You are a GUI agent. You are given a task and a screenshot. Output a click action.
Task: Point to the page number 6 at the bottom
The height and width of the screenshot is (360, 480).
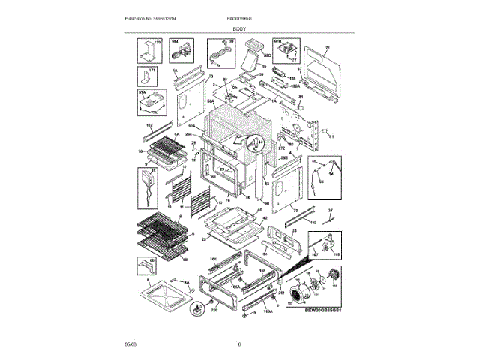coord(239,343)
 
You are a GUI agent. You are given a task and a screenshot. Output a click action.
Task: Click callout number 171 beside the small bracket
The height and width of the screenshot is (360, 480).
coord(153,70)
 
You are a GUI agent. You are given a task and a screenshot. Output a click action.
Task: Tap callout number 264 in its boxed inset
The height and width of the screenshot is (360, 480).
coord(175,42)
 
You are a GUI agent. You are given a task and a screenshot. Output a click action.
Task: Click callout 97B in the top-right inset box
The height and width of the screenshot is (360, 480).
coord(277,42)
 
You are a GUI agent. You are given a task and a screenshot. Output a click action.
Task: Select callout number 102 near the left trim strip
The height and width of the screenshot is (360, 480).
coord(148,124)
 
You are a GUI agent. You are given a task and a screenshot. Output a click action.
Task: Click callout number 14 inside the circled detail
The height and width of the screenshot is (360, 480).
coord(261,141)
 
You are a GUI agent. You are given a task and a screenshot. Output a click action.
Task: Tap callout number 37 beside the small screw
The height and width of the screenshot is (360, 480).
coord(328,210)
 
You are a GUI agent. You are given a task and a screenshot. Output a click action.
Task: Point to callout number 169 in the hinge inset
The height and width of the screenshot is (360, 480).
coord(336,256)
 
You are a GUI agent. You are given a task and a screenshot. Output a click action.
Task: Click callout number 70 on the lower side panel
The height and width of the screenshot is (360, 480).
coord(295,211)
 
